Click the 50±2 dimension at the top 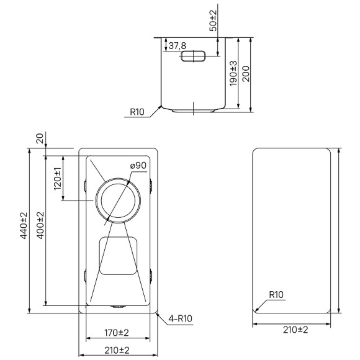tap(214, 20)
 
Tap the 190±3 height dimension tap(233, 74)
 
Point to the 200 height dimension tap(246, 74)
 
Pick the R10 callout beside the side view tap(137, 112)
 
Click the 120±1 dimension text tap(57, 179)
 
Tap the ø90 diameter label tap(138, 165)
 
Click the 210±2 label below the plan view tap(116, 350)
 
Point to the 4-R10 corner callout tap(180, 320)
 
